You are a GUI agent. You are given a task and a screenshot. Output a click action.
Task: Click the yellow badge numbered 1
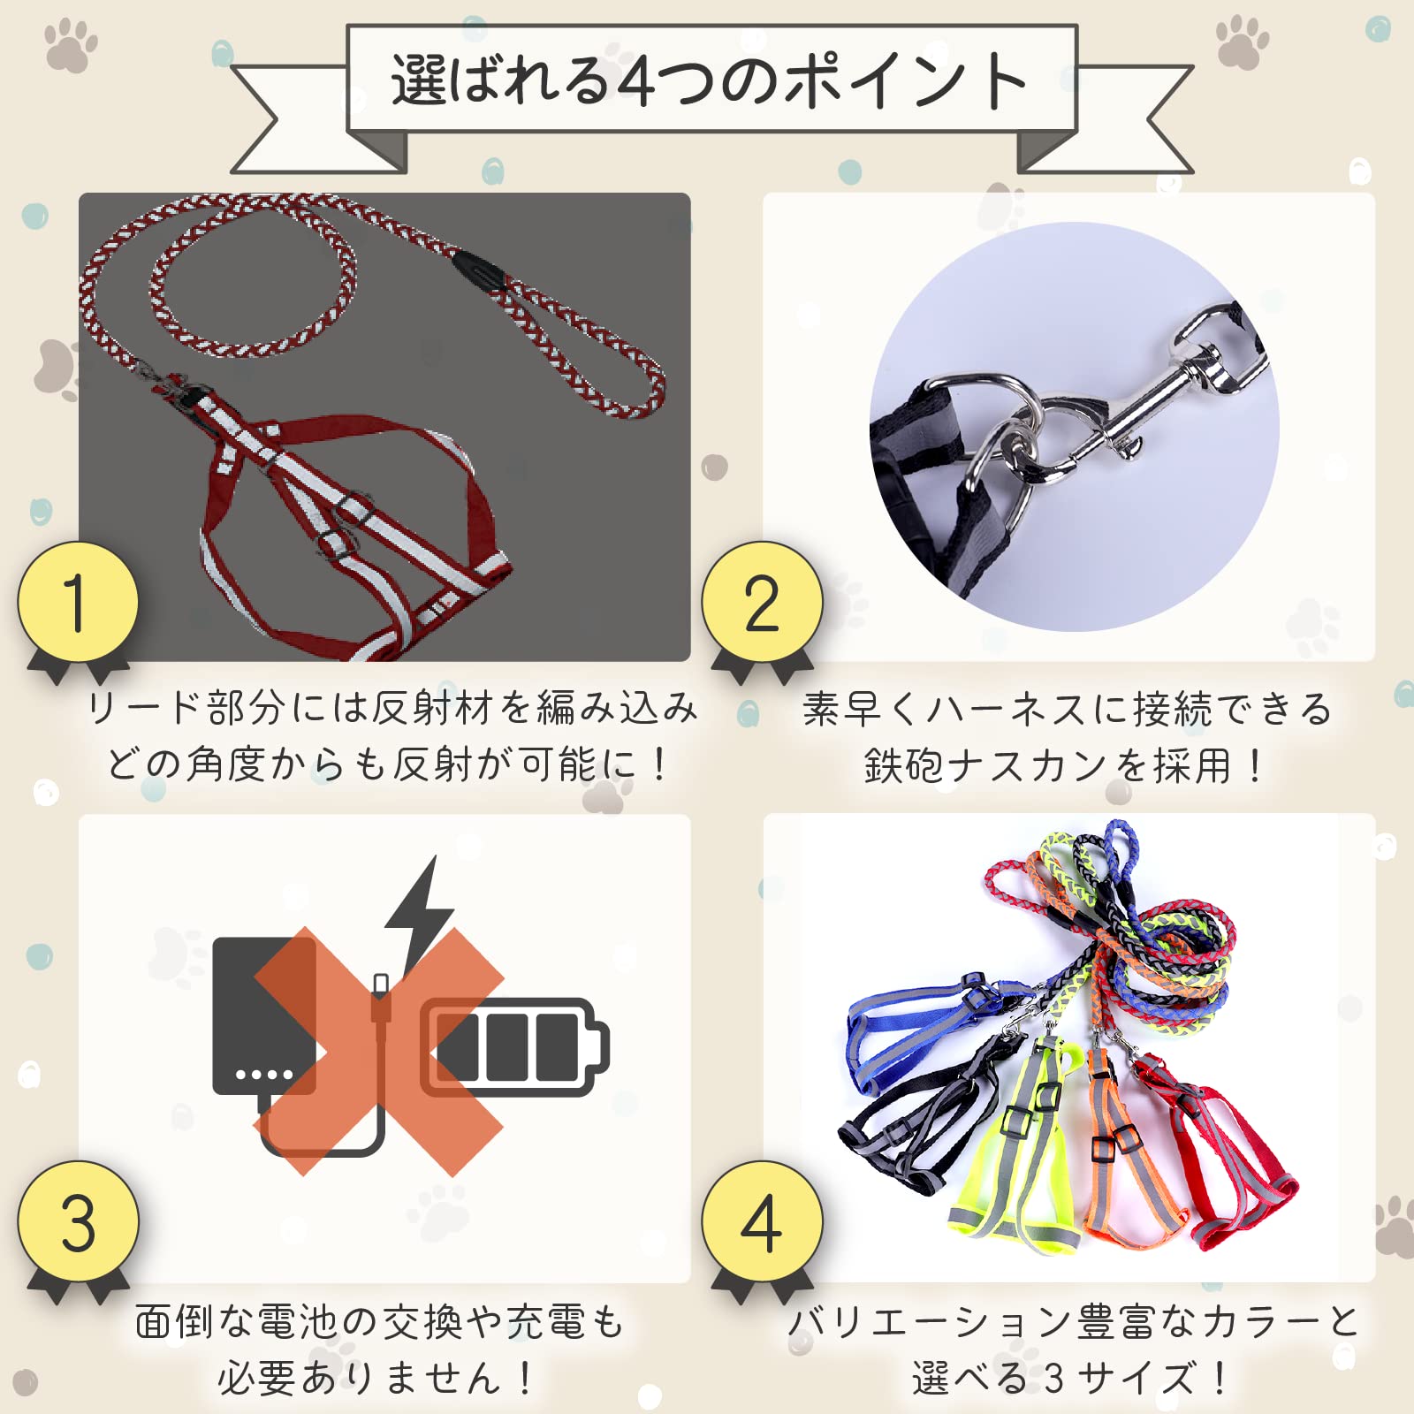[x=78, y=603]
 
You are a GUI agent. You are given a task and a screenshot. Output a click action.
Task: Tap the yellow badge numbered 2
[x=762, y=603]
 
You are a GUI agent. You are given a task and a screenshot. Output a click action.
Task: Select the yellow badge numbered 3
[x=78, y=1223]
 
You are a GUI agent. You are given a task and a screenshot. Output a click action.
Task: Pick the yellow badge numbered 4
[x=762, y=1223]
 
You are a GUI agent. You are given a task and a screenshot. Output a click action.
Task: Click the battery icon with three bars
[x=514, y=1047]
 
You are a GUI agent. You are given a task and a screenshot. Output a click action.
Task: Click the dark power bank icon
[x=263, y=1016]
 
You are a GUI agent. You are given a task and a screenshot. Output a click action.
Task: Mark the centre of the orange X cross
[x=380, y=1052]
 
